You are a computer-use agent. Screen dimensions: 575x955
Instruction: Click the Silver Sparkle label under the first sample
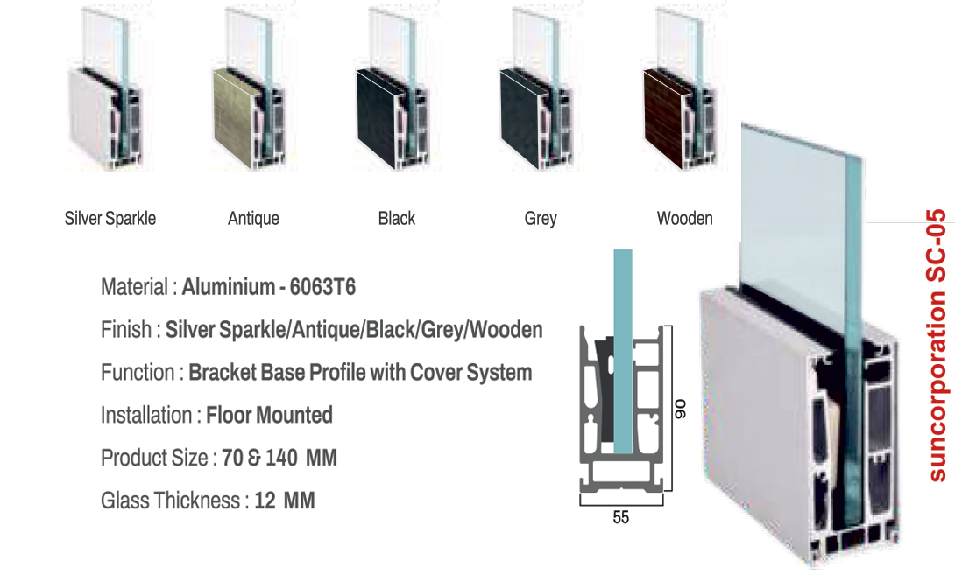110,218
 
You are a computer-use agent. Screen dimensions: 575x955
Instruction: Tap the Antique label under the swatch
253,218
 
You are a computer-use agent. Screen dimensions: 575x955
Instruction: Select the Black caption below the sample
397,218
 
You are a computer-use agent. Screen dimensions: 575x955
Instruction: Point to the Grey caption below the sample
541,218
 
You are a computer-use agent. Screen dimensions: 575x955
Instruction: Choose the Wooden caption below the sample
685,218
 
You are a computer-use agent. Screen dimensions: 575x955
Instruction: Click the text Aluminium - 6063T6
268,287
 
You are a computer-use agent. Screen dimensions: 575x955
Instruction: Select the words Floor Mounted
269,415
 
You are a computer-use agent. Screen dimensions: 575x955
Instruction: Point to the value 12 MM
285,501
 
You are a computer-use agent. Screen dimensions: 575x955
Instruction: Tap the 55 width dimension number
620,517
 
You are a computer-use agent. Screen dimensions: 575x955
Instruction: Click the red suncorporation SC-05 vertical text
937,345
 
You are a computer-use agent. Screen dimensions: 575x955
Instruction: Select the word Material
134,287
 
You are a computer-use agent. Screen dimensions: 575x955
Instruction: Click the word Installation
146,415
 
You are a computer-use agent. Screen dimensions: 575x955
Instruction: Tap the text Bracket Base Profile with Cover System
360,372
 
